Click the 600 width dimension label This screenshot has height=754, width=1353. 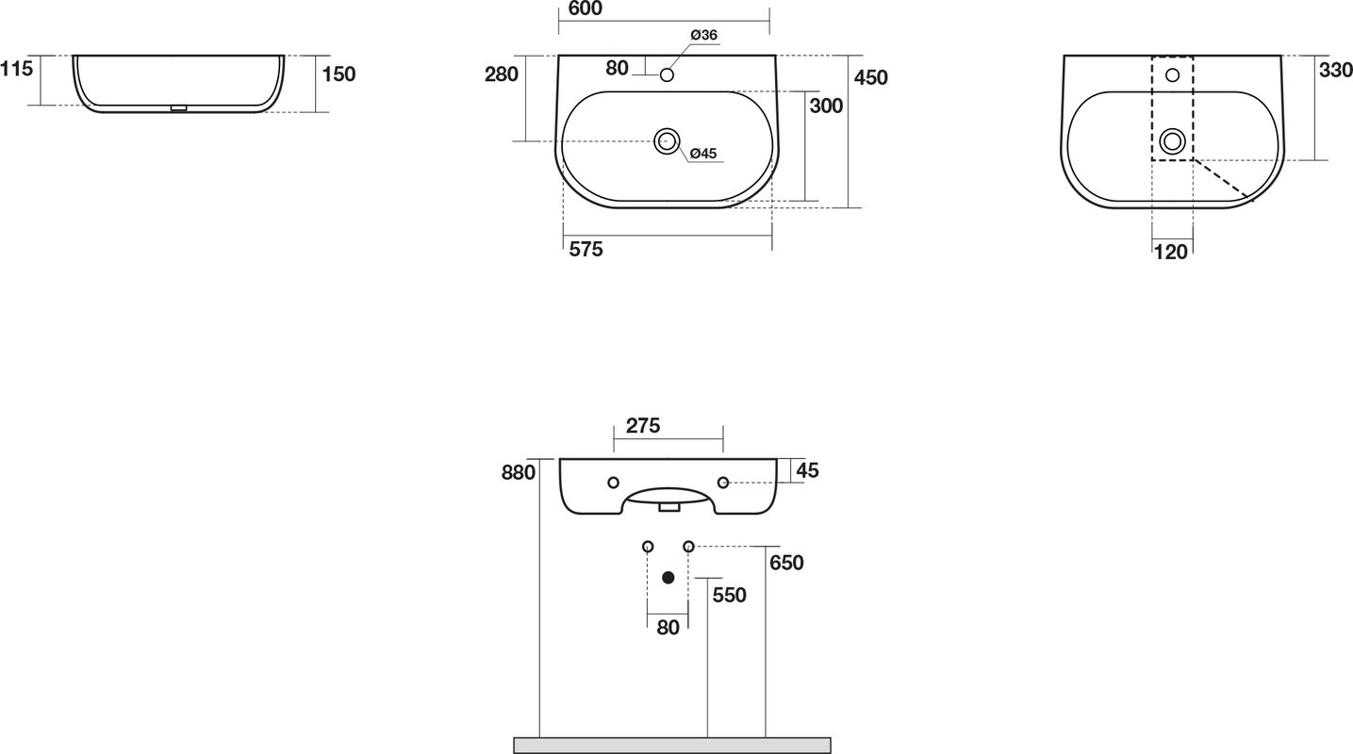(586, 8)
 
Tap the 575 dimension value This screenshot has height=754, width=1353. (586, 249)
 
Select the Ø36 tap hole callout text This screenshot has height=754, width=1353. (703, 35)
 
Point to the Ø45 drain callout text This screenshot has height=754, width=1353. (703, 154)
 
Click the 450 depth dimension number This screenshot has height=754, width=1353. (870, 77)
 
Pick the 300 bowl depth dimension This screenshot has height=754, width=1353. (826, 106)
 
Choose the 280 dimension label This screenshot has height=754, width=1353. (502, 74)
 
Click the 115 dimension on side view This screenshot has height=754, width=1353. (16, 69)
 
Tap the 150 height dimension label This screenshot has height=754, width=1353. (338, 74)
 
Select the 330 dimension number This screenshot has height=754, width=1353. (1335, 70)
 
